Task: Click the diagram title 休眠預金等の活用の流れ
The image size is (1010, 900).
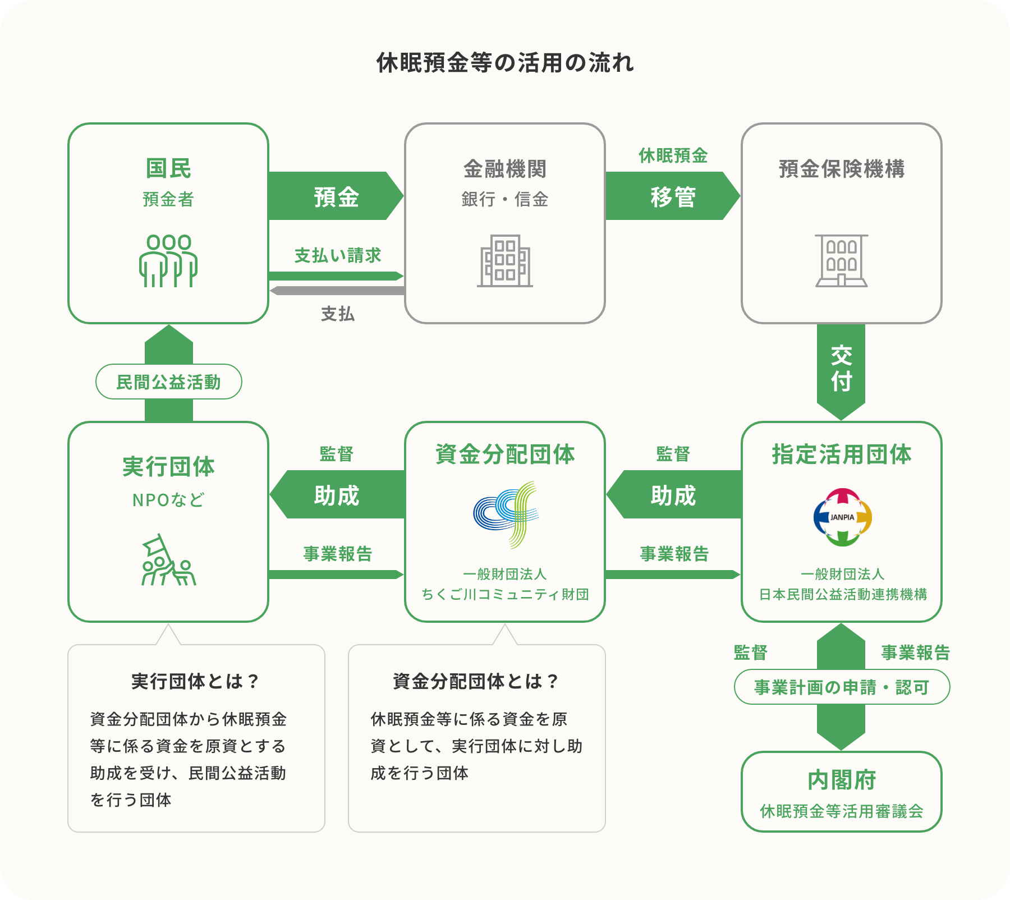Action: [x=505, y=63]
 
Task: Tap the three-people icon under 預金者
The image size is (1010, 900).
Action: [x=168, y=261]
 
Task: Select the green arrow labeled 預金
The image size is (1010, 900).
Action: [x=336, y=196]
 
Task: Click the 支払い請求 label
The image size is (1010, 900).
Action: [x=338, y=256]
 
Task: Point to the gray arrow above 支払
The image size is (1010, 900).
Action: [x=337, y=291]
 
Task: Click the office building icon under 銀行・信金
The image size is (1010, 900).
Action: [x=505, y=261]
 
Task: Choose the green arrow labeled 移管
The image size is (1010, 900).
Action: [x=672, y=196]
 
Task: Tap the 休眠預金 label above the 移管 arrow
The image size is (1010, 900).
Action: [x=673, y=156]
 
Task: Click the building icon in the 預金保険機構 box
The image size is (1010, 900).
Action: [x=842, y=261]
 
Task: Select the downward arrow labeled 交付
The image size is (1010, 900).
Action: [x=841, y=370]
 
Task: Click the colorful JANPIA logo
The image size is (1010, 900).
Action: [x=842, y=517]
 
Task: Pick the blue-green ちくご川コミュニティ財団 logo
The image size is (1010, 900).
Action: [x=506, y=514]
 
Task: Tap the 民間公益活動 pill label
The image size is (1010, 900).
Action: [x=168, y=382]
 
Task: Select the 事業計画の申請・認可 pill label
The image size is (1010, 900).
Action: [x=842, y=687]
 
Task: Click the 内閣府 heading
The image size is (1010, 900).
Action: [x=842, y=780]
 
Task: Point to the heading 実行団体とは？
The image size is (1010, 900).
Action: [x=196, y=681]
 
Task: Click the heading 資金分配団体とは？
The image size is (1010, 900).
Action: [x=476, y=681]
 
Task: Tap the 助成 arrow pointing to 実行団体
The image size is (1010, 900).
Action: [x=337, y=495]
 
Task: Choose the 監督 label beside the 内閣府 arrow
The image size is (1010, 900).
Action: [x=751, y=653]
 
